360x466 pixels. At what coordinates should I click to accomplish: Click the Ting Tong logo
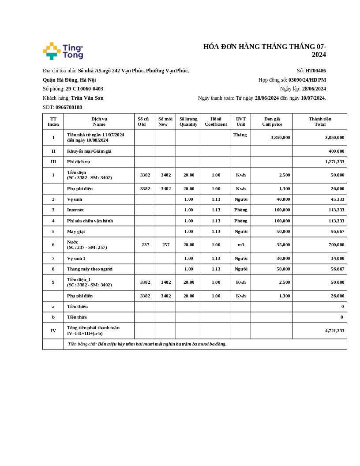point(63,51)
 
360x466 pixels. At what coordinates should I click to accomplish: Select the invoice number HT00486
point(315,71)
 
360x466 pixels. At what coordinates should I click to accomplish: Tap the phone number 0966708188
point(69,107)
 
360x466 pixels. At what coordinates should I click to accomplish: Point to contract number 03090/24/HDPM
point(307,80)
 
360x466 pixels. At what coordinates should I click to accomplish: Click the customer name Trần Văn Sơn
point(87,98)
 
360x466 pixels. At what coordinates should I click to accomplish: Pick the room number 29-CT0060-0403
point(84,89)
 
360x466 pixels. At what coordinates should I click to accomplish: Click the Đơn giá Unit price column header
point(272,121)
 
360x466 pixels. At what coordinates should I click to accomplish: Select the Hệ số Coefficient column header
point(216,121)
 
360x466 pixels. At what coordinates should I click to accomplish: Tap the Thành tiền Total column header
point(320,121)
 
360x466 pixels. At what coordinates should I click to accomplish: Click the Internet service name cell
point(75,210)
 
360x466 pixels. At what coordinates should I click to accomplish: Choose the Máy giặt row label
point(76,231)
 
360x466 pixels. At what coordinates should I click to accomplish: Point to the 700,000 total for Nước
point(336,245)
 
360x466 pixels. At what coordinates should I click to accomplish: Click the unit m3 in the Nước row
point(241,245)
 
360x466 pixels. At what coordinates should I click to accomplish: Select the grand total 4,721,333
point(334,331)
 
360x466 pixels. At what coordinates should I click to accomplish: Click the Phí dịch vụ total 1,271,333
point(334,162)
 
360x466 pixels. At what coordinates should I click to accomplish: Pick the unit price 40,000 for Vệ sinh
point(281,199)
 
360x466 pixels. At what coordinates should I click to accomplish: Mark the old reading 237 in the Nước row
point(145,245)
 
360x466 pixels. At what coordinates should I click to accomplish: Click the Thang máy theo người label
point(90,269)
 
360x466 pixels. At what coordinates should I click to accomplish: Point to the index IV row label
point(53,331)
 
